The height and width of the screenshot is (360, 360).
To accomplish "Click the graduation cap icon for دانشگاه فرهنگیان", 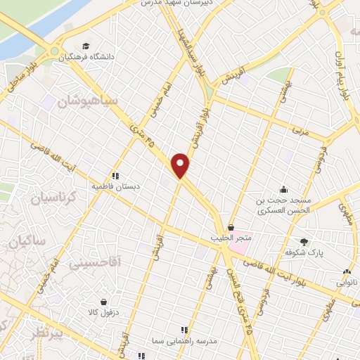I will pyautogui.click(x=86, y=46).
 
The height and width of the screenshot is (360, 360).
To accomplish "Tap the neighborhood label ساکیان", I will pyautogui.click(x=24, y=243).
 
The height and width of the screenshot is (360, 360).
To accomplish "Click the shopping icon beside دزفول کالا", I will pyautogui.click(x=104, y=302).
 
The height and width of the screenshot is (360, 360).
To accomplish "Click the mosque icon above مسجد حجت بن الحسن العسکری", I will pyautogui.click(x=283, y=188).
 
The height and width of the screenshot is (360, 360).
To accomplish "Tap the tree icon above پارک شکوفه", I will pyautogui.click(x=304, y=241).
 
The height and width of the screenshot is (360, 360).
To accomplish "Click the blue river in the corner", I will pyautogui.click(x=35, y=21).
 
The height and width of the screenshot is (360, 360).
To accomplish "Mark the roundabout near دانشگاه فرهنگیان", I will pyautogui.click(x=54, y=51).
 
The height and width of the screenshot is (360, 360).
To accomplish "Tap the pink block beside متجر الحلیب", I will pyautogui.click(x=243, y=238).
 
